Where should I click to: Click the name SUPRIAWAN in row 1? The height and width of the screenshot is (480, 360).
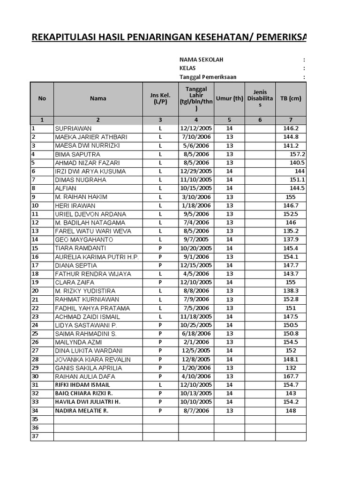pos(73,128)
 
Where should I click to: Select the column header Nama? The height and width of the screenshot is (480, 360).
pos(98,98)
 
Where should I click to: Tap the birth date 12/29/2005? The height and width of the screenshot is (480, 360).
pos(196,171)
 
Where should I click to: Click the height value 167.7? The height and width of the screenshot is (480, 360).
pos(291,376)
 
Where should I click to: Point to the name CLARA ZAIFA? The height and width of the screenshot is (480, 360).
pos(75,283)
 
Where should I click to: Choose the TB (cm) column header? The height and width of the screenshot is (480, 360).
pos(290,98)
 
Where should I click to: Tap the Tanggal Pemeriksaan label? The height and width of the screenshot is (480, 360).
pos(208,77)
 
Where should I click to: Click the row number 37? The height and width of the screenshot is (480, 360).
pos(35,436)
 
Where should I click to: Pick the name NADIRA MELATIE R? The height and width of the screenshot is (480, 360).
pos(82,411)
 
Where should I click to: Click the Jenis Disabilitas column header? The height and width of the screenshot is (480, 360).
pos(260,98)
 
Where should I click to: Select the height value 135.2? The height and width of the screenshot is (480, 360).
pos(291,231)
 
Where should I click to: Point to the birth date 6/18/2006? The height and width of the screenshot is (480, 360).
pos(196,334)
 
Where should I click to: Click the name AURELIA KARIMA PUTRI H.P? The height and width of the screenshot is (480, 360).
pos(97,257)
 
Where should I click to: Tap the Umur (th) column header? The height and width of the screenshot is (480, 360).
pos(229,98)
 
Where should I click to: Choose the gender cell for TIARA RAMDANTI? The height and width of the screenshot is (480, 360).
pos(160,248)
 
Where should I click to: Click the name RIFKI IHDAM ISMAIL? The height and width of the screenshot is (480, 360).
pos(82,385)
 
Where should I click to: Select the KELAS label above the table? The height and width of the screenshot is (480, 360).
pos(187,68)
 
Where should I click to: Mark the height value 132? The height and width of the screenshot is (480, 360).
pos(291,368)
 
